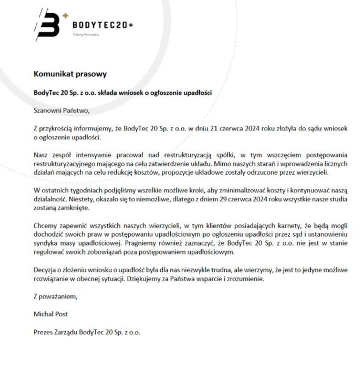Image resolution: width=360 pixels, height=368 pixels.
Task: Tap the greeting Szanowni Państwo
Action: [61, 111]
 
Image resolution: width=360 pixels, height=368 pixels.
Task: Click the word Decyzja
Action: [46, 270]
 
